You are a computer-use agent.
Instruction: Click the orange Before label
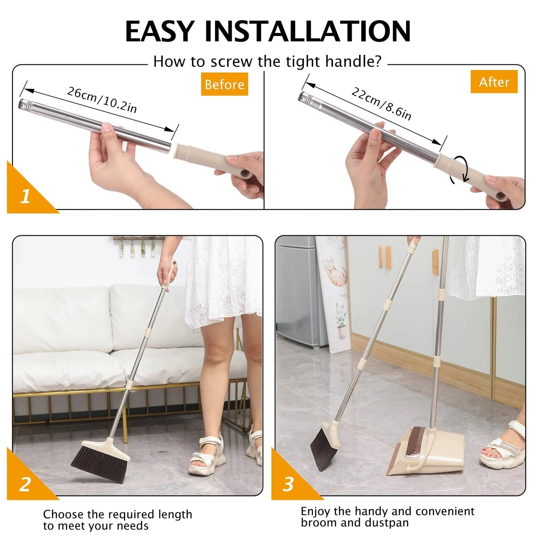click(224, 84)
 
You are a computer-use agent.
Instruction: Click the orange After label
click(494, 82)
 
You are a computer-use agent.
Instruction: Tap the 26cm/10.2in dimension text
click(102, 100)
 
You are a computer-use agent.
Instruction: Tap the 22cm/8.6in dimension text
click(381, 104)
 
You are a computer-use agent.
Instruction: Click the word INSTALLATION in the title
click(307, 31)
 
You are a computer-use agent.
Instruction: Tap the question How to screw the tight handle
click(267, 62)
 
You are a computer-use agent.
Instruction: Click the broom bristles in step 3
click(320, 449)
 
